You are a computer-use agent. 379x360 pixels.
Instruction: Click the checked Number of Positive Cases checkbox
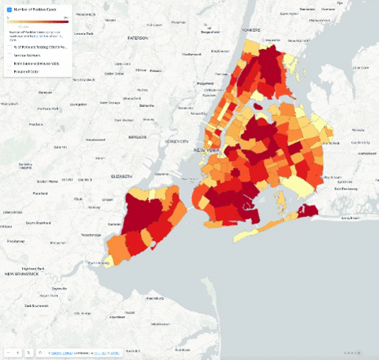10,10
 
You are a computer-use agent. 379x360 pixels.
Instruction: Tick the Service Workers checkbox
10,55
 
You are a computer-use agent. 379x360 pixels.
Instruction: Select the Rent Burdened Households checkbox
10,63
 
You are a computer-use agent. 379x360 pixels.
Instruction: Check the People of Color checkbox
10,71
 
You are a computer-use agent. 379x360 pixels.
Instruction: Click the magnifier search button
28,351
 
